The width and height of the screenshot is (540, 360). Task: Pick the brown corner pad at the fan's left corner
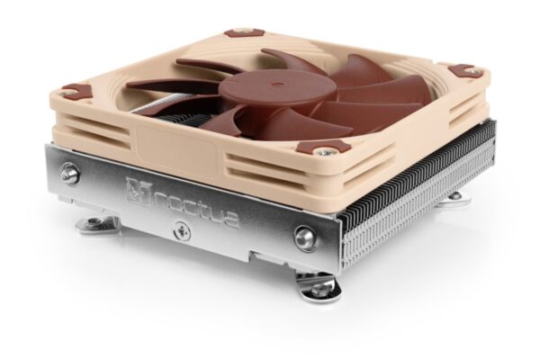tap(76, 91)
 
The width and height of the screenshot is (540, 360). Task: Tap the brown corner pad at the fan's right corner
tap(464, 70)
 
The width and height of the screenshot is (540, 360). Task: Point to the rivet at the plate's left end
tap(70, 174)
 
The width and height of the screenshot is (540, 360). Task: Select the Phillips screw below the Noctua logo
tap(181, 232)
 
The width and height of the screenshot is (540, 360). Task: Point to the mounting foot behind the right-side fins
tap(454, 197)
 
